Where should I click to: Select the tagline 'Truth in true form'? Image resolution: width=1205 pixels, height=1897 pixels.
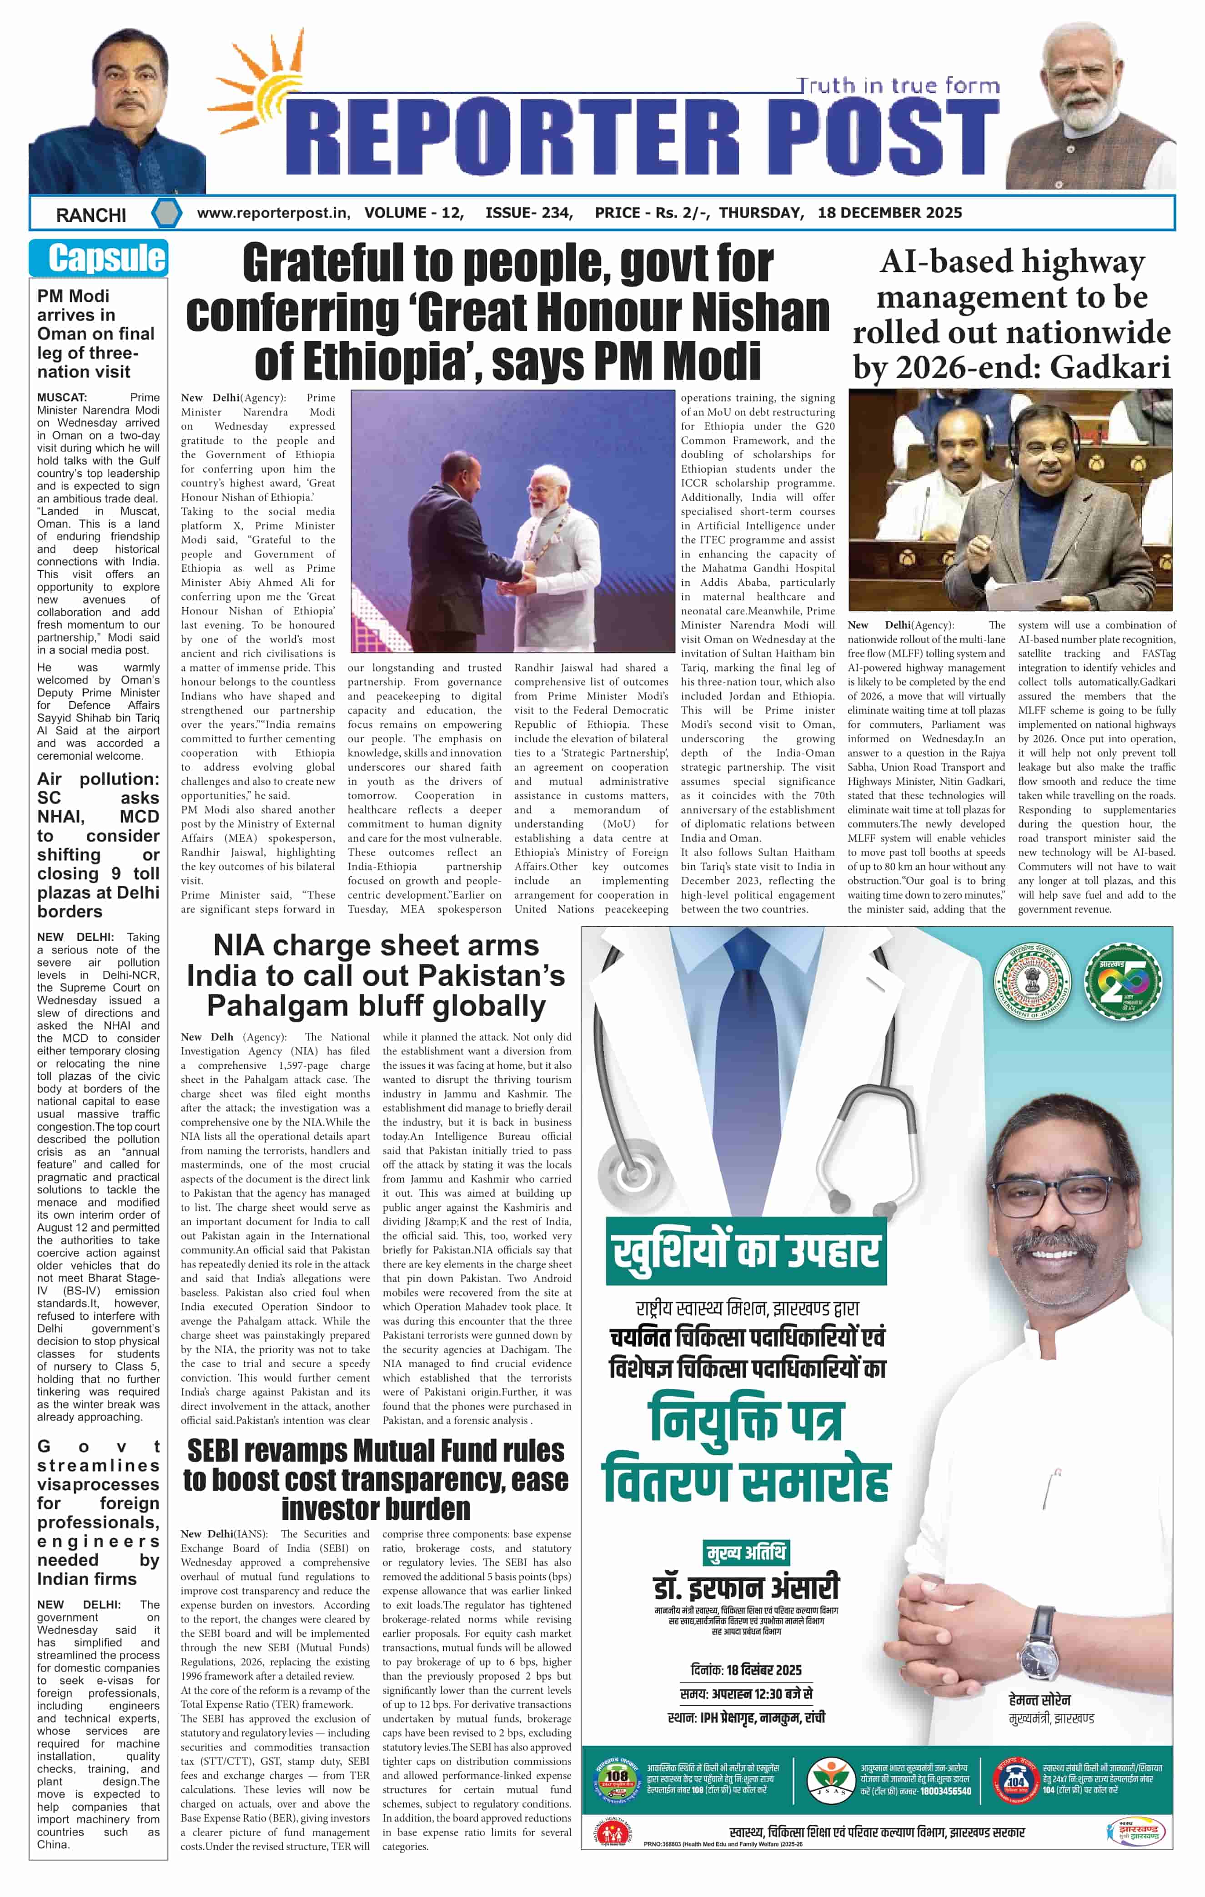(x=897, y=85)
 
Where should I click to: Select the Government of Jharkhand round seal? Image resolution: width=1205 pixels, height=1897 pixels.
(x=1033, y=981)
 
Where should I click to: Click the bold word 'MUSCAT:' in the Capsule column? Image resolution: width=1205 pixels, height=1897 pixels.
(x=62, y=398)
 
